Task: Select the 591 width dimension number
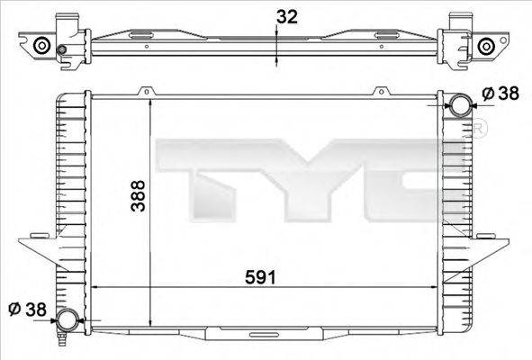pos(263,279)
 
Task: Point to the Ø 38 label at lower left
pos(29,309)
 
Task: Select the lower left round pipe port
pos(67,319)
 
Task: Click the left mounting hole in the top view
pos(41,46)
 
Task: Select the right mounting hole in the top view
pos(486,46)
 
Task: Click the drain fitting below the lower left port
pos(62,340)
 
